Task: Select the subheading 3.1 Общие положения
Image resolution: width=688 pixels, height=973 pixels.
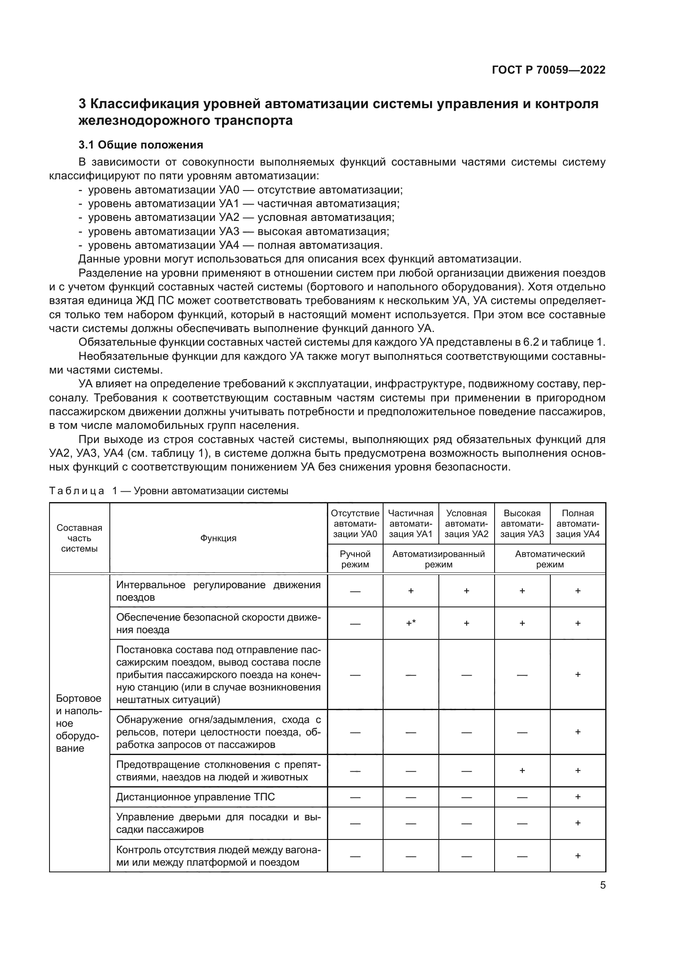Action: coord(141,145)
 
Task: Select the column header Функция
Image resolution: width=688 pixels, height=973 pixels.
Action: coord(218,538)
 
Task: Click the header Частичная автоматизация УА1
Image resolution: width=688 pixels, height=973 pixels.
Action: coord(411,523)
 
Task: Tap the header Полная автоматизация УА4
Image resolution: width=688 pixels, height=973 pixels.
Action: coord(577,523)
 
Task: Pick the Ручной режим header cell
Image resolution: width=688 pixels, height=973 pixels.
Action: coord(355,559)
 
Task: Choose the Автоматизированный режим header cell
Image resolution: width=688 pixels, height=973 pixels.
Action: coord(438,559)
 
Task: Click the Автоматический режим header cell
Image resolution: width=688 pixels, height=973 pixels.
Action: coord(549,559)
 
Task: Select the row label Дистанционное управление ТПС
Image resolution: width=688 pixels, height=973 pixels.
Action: coord(196,797)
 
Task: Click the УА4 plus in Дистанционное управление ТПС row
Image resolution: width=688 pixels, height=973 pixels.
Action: coord(577,797)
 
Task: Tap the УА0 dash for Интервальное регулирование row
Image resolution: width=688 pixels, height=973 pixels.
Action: coord(355,591)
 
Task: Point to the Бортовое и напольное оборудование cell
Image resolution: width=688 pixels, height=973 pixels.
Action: coord(79,723)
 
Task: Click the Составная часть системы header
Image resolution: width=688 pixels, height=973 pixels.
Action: coord(79,538)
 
